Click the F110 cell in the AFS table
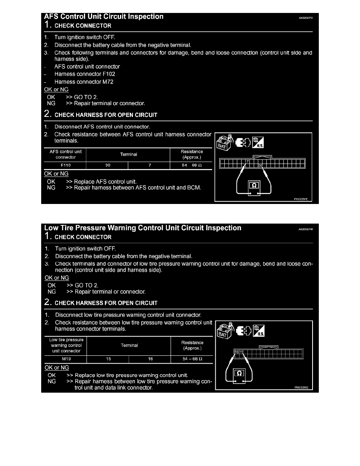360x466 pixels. coord(65,165)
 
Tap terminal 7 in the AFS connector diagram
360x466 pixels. coord(247,161)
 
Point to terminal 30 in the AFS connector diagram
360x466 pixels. coord(260,166)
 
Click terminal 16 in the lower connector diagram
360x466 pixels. coord(236,352)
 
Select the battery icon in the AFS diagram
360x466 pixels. coord(224,143)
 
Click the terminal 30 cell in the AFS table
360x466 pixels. coord(108,165)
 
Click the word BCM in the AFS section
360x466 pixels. coord(195,187)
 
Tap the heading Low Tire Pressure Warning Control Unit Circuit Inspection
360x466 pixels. coord(143,228)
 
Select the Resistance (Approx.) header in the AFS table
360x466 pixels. coord(192,154)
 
